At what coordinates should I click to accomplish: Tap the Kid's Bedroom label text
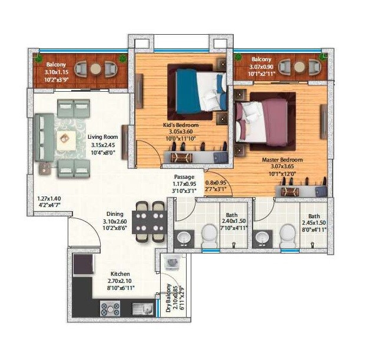(x=181, y=125)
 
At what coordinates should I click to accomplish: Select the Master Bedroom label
(x=283, y=160)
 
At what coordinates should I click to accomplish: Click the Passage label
(x=184, y=176)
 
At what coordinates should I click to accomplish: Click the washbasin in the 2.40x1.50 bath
(x=184, y=238)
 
